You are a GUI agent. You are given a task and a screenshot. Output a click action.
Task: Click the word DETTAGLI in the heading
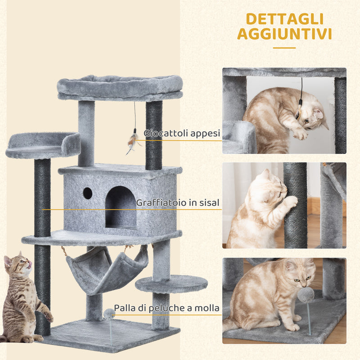[x=284, y=19]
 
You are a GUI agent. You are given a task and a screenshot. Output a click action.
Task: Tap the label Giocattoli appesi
[x=182, y=133]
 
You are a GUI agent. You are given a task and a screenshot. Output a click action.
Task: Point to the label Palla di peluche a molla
[x=166, y=308]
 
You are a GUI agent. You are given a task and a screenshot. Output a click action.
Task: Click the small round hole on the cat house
[x=87, y=193]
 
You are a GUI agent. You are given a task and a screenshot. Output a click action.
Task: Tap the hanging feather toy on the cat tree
[x=132, y=140]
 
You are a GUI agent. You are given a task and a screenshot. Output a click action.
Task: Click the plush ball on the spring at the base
[x=109, y=314]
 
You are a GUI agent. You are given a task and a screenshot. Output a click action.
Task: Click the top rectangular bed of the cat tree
[x=120, y=87]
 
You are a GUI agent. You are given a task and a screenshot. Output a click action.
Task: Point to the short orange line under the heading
[x=284, y=48]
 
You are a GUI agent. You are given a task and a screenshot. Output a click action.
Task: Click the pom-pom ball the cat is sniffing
[x=306, y=296]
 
